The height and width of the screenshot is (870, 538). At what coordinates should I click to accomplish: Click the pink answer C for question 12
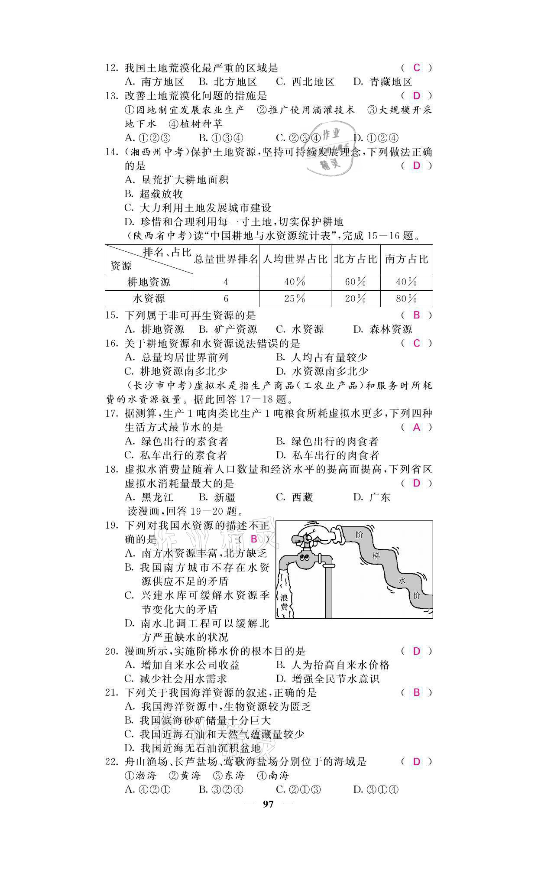[416, 68]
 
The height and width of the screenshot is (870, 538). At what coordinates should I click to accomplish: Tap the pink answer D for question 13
[416, 96]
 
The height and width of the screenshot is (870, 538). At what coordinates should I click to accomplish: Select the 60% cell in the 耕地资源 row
[355, 282]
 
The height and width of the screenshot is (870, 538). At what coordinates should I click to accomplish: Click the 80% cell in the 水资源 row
[406, 299]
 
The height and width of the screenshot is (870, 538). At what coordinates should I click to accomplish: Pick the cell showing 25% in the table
[295, 299]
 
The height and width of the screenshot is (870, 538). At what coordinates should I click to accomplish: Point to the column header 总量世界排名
[226, 260]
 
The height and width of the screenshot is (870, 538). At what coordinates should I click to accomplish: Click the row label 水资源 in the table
[149, 299]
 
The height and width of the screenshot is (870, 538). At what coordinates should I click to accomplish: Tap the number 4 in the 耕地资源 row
[226, 282]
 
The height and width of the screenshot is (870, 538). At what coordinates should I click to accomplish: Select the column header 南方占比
[406, 260]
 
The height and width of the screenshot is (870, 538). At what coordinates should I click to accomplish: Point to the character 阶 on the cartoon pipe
[359, 535]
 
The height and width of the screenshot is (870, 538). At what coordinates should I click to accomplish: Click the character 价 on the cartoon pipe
[417, 595]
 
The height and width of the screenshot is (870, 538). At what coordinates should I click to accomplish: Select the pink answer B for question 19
[254, 539]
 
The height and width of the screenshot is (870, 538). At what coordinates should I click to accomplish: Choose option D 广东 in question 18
[372, 497]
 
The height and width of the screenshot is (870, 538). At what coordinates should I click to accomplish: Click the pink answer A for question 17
[416, 427]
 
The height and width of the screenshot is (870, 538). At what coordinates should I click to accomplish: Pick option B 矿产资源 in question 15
[228, 329]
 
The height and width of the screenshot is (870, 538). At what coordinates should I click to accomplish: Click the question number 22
[112, 761]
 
